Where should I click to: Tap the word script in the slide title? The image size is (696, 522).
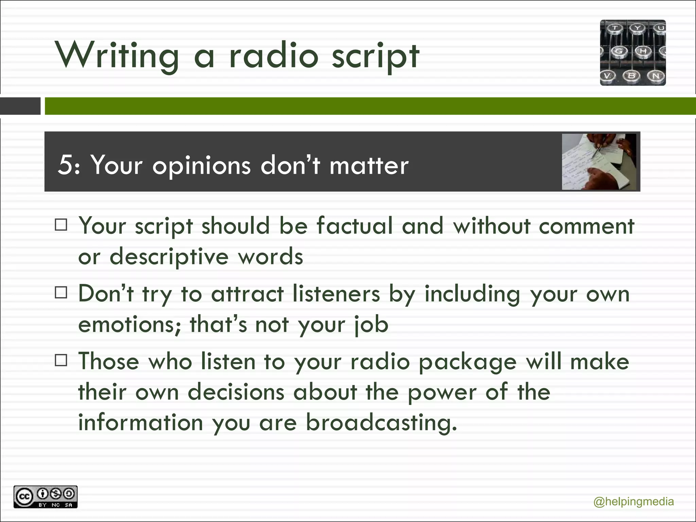pyautogui.click(x=375, y=56)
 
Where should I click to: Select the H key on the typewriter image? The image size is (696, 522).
pyautogui.click(x=643, y=51)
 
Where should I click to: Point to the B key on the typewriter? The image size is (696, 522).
pyautogui.click(x=631, y=75)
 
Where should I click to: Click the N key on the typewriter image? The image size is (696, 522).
pyautogui.click(x=656, y=75)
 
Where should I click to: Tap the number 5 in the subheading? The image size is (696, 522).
pyautogui.click(x=65, y=166)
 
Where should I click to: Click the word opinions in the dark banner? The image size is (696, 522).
pyautogui.click(x=201, y=166)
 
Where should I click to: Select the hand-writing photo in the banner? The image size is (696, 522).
pyautogui.click(x=599, y=162)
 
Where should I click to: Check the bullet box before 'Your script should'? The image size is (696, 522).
pyautogui.click(x=61, y=225)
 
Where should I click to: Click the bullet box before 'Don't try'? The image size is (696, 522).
pyautogui.click(x=61, y=293)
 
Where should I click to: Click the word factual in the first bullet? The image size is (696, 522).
pyautogui.click(x=354, y=226)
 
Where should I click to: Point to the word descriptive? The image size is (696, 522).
pyautogui.click(x=169, y=257)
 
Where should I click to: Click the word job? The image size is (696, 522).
pyautogui.click(x=371, y=324)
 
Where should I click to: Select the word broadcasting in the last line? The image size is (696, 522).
pyautogui.click(x=381, y=422)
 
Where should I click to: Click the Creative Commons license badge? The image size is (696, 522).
pyautogui.click(x=46, y=497)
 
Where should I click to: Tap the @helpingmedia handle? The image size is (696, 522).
pyautogui.click(x=633, y=502)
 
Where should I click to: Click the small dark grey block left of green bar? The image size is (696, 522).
pyautogui.click(x=20, y=106)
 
